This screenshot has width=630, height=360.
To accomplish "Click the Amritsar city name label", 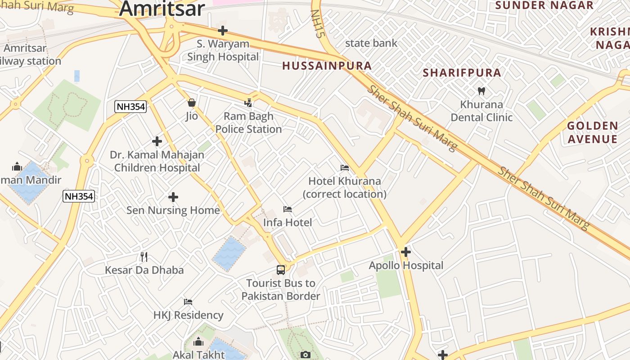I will [162, 8].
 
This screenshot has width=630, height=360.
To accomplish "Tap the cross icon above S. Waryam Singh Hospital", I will [222, 31].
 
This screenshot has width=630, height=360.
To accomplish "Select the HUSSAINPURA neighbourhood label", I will [327, 66].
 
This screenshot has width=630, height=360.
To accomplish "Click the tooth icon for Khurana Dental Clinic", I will [481, 91].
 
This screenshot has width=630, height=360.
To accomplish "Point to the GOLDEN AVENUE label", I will [592, 132].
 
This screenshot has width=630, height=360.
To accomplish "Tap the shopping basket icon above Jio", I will [192, 103].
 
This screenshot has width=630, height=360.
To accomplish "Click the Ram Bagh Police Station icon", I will [248, 103].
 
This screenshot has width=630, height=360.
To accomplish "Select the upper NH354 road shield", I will [130, 107].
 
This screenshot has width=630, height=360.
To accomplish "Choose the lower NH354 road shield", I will [79, 196].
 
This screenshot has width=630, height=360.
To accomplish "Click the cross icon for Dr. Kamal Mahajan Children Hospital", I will [157, 141].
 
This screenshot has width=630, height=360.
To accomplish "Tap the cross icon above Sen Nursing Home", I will [173, 197].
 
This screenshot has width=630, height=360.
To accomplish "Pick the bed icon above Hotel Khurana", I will [345, 168].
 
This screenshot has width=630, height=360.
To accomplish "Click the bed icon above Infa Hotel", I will [287, 209].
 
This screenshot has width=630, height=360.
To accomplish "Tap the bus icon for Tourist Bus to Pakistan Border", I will [281, 270].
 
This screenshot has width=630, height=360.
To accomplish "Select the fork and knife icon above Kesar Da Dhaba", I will [144, 257].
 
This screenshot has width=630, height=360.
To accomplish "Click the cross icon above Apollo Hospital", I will [405, 252].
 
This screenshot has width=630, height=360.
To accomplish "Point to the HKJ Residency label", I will [189, 315].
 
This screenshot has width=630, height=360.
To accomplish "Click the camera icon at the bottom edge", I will [306, 355].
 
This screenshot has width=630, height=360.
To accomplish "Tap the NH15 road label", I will [318, 23].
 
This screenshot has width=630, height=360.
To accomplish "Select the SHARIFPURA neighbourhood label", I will [462, 73].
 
